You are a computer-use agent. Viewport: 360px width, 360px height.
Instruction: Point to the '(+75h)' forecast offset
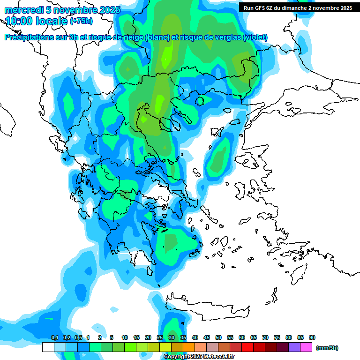(x=81, y=21)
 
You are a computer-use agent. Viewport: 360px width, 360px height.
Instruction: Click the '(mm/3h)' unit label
(x=327, y=348)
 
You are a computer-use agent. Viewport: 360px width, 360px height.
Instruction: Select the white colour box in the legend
(x=48, y=347)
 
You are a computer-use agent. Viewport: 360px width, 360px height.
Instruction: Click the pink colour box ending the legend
(x=306, y=347)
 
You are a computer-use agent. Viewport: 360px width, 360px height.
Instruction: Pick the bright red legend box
(x=247, y=347)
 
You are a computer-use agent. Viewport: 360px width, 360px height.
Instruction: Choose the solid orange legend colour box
(x=189, y=347)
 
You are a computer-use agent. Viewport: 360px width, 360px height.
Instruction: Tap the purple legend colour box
(x=294, y=347)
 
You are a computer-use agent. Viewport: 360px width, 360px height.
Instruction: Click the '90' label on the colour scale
(x=312, y=337)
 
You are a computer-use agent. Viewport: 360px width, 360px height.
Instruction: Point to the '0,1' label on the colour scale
(x=54, y=337)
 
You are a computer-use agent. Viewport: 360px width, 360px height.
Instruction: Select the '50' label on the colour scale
(x=218, y=337)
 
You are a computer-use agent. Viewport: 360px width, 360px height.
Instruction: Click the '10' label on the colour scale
(x=125, y=337)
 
